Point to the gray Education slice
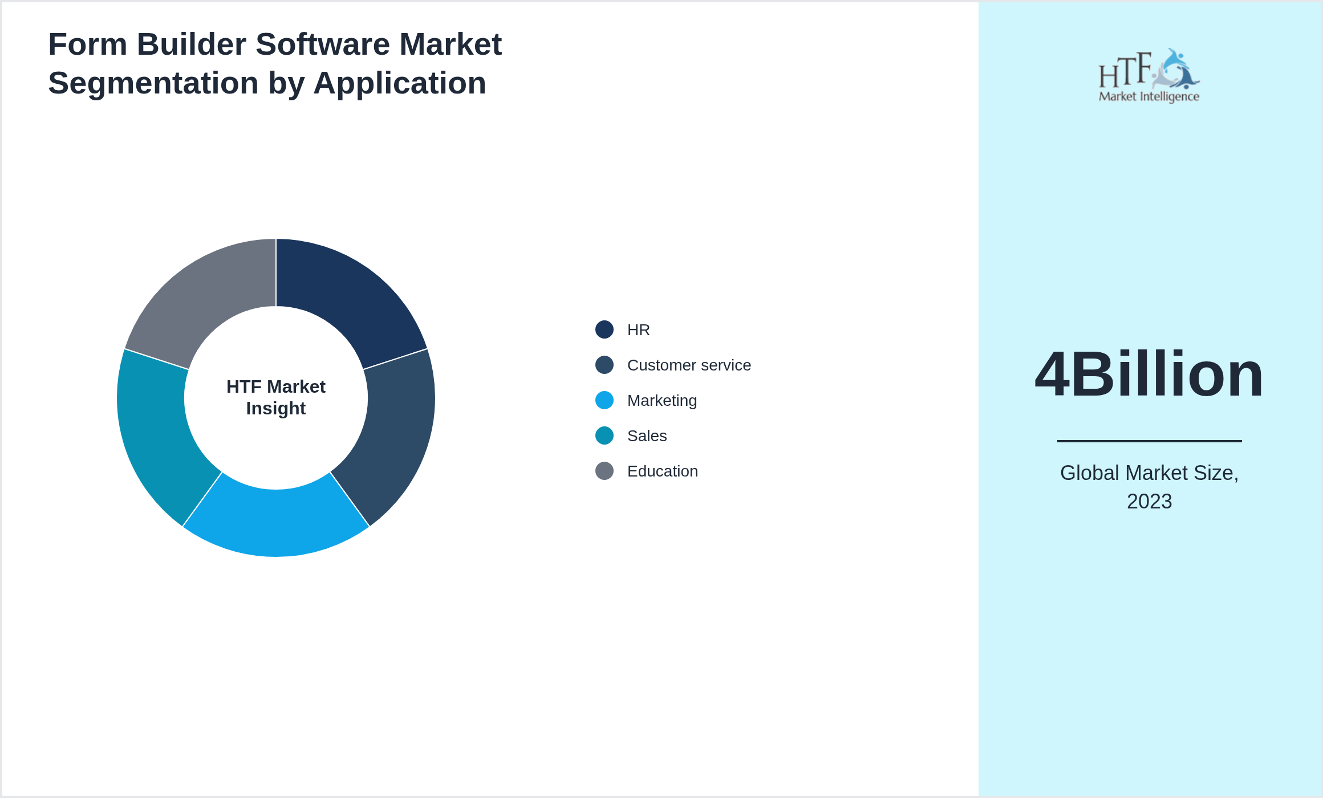[x=203, y=296]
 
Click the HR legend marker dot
[x=604, y=329]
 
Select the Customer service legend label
[x=689, y=365]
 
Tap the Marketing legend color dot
[x=604, y=400]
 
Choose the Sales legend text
[x=647, y=436]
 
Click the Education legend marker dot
[x=604, y=471]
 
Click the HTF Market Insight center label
[x=276, y=397]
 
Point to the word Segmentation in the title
[x=153, y=83]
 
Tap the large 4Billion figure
[x=1149, y=374]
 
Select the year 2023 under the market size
[x=1149, y=502]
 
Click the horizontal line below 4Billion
[x=1149, y=441]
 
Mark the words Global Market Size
[x=1149, y=473]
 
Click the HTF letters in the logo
[x=1125, y=71]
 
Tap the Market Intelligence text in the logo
[x=1149, y=96]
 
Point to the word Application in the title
[x=400, y=83]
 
